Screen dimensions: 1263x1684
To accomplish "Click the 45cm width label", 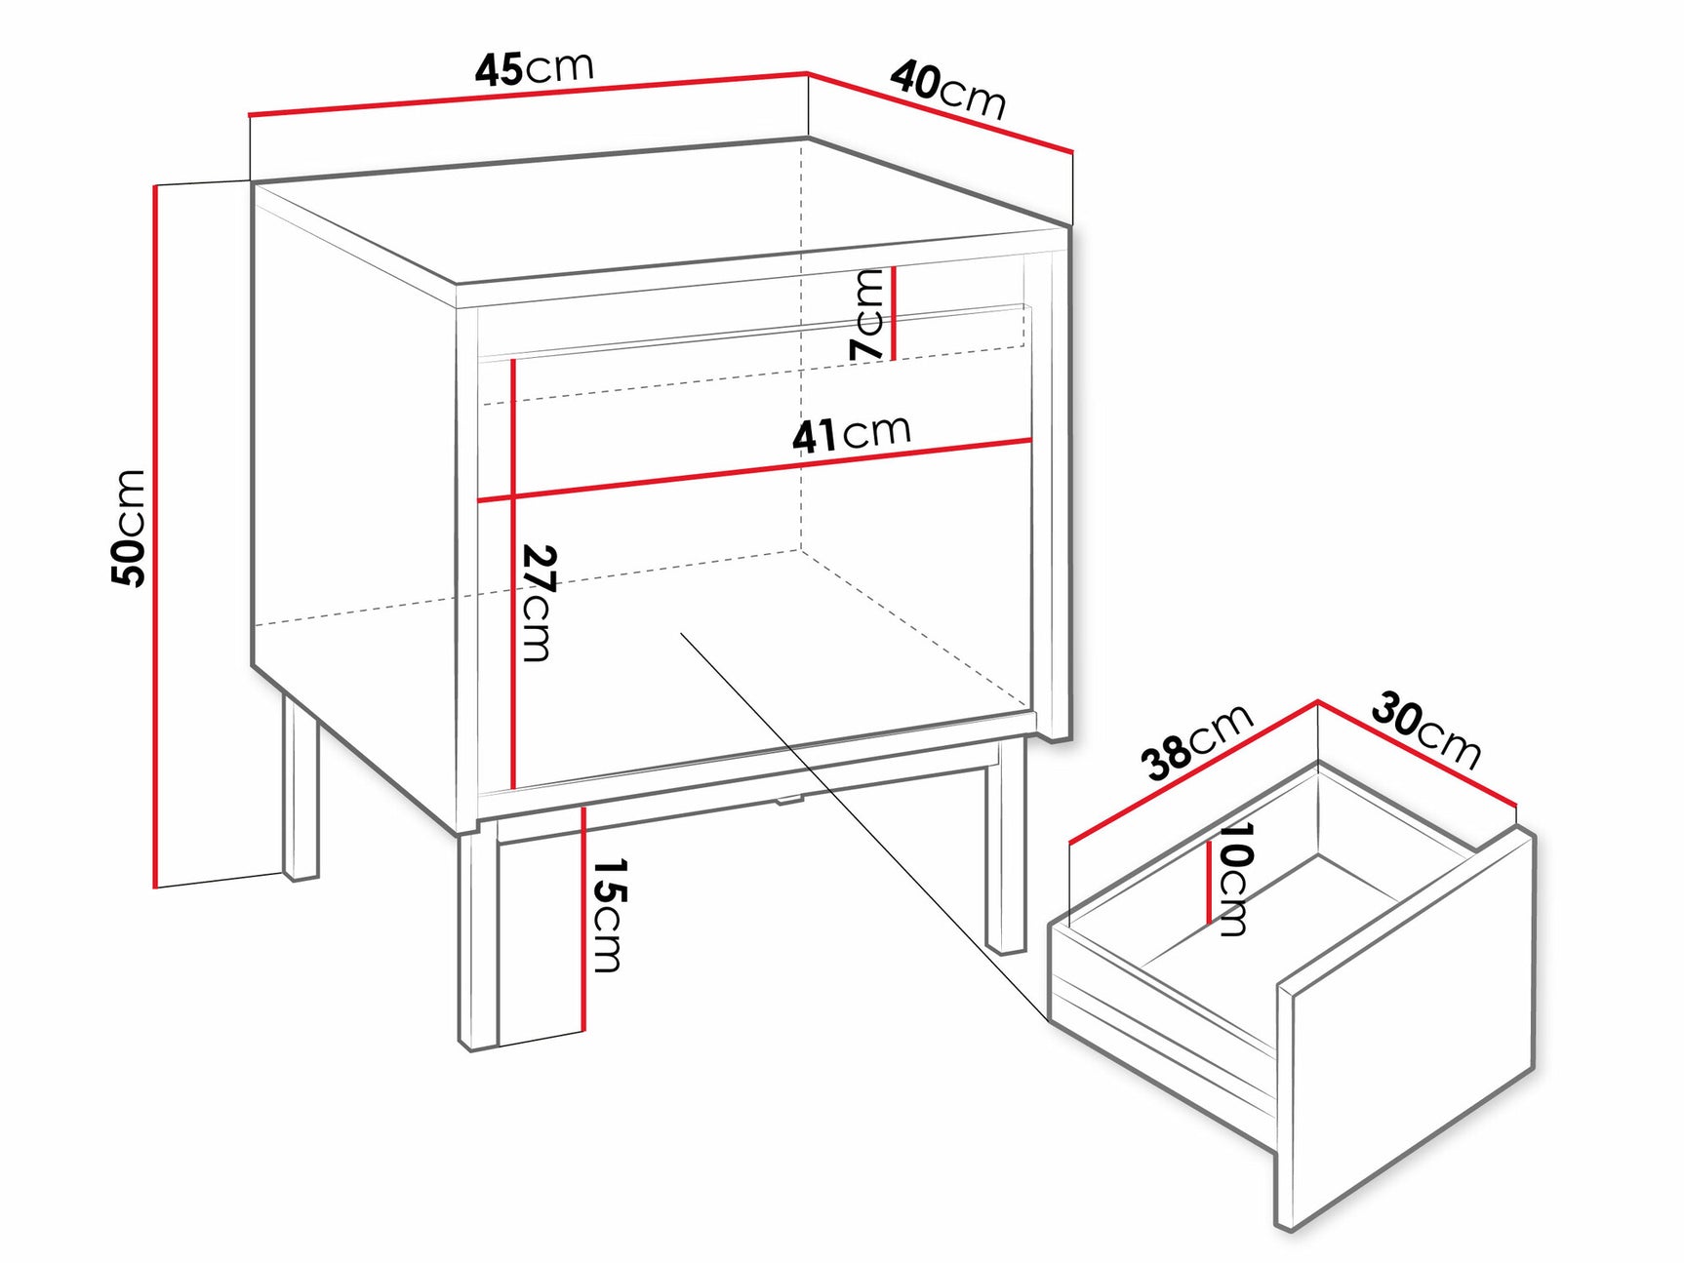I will coord(534,68).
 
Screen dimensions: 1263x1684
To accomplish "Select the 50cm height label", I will coord(129,528).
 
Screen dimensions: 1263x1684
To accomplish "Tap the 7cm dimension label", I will coord(867,315).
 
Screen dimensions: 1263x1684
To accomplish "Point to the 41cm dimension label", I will coord(851,433).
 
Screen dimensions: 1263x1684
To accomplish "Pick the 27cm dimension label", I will coord(539,602).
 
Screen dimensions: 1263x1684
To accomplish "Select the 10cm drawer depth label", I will coord(1234,878).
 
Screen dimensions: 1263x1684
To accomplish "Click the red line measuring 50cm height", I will coord(155,536).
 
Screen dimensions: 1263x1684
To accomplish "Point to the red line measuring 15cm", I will coord(583,917).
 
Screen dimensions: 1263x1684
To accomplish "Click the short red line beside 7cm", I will coord(893,314).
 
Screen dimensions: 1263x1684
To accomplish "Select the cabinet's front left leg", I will coord(478,941).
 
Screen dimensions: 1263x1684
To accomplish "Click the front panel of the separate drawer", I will coord(1405,1034).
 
